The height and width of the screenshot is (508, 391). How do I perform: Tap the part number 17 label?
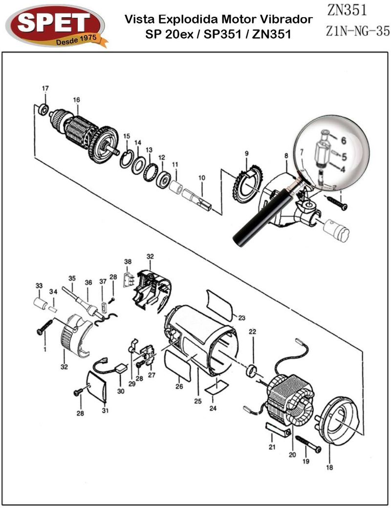pyautogui.click(x=45, y=88)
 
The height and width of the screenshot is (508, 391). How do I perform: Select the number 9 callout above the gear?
pyautogui.click(x=247, y=154)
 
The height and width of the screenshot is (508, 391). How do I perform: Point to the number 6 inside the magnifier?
pyautogui.click(x=343, y=140)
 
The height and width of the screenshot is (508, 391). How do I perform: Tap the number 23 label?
pyautogui.click(x=241, y=317)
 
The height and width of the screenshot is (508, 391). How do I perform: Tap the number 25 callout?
pyautogui.click(x=197, y=401)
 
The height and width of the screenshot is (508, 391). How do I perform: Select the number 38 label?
pyautogui.click(x=128, y=262)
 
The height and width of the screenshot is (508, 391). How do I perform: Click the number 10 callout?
pyautogui.click(x=202, y=178)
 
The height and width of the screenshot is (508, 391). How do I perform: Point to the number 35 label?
pyautogui.click(x=72, y=278)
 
